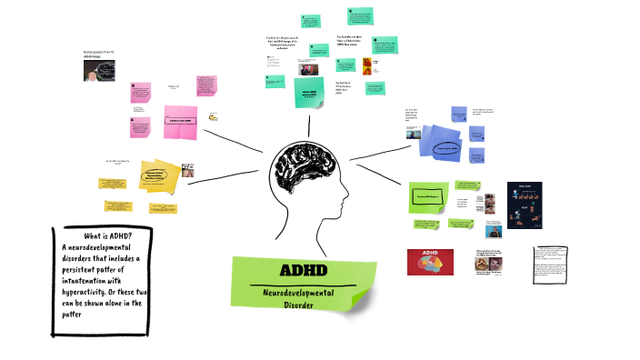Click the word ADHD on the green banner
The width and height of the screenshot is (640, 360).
coord(305,271)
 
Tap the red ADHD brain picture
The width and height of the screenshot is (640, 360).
coord(430,262)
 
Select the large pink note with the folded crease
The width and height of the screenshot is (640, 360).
coord(178,120)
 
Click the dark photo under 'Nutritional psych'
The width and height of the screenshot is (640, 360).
coord(100,70)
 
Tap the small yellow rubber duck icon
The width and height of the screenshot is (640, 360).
coord(215,116)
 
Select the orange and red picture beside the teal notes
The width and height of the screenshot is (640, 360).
coord(367,65)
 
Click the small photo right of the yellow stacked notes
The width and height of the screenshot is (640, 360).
coord(187,170)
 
